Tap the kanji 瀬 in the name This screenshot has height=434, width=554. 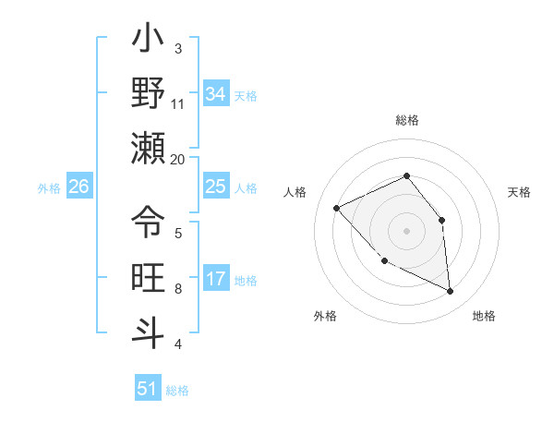pos(148,149)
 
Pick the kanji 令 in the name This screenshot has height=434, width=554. pos(148,223)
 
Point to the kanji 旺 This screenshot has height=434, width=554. pos(148,278)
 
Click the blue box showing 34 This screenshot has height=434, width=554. pos(216,93)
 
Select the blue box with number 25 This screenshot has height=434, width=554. pos(216,187)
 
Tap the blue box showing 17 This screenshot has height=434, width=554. pos(216,279)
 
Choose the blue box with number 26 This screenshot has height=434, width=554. pos(79,187)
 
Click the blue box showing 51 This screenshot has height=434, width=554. pos(148,389)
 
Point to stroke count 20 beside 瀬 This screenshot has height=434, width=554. pos(178,159)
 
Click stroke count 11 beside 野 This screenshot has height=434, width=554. pos(178,103)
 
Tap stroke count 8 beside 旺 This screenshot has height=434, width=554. pos(178,288)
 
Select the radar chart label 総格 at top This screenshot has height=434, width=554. pos(406,120)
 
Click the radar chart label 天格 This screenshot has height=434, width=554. pos(519,192)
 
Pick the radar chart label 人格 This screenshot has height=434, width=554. pos(295,192)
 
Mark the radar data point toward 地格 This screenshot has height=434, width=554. pos(451,292)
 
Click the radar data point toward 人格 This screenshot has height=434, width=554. pos(337,208)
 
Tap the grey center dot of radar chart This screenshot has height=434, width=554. pos(406,231)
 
